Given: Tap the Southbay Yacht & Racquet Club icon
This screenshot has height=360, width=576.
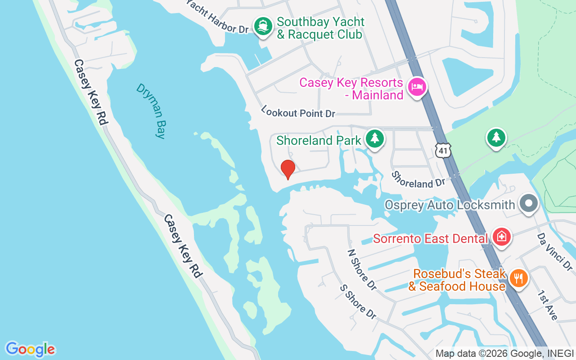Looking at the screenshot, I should point(262,26).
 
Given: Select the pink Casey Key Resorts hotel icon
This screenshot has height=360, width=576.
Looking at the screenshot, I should point(417,86).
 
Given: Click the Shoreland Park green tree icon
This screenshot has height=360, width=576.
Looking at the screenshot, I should point(374,138).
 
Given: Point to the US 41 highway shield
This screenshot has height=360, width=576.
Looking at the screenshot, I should point(443,151).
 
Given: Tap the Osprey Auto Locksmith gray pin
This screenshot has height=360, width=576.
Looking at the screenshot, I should point(529,202).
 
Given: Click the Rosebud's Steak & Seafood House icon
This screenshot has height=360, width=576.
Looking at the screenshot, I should point(519,277).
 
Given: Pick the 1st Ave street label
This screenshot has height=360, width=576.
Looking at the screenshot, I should point(547,305).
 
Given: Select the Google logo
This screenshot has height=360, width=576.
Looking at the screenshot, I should point(30,349).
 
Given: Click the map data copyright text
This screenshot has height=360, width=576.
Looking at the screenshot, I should point(504,354).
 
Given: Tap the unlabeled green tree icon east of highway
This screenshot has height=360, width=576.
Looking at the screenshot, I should point(496,137).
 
